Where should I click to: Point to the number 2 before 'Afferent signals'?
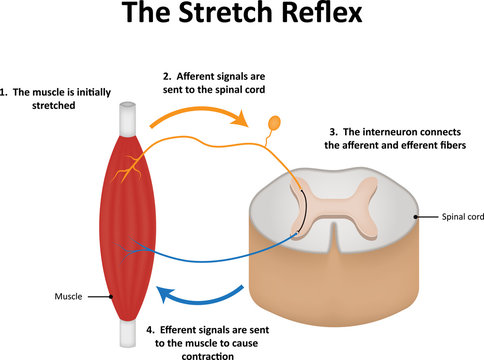click(166, 73)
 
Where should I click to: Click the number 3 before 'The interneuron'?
click(333, 132)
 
